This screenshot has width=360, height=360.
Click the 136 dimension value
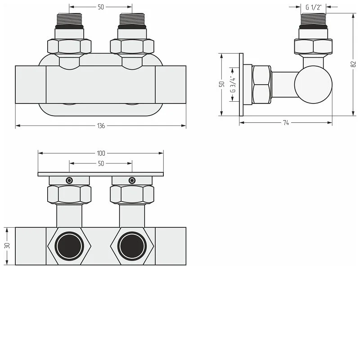coord(101,126)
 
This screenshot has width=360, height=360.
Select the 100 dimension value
coord(101,153)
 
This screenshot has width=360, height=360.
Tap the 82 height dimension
coord(353,64)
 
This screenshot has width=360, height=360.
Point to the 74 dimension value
coord(286,123)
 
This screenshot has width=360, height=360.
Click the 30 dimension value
coord(7,246)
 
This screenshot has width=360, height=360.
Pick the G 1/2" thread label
coord(313,7)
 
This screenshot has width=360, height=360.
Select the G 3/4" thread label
coord(233,85)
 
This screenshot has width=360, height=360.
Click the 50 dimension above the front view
coord(101,7)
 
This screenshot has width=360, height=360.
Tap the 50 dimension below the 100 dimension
coord(101,163)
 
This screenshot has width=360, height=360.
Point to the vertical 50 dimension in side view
coord(222,84)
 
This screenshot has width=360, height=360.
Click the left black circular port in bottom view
coord(69,246)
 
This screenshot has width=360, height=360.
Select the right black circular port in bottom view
coord(132,246)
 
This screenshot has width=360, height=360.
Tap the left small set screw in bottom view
coord(69,180)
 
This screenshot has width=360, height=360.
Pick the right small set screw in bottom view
coord(132,180)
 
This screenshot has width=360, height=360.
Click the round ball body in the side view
coord(313,85)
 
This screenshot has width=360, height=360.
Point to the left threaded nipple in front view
coord(69,19)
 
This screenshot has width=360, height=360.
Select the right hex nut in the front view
coord(132,46)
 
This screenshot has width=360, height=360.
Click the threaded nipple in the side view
coord(313,19)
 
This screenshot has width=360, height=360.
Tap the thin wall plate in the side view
coord(241,85)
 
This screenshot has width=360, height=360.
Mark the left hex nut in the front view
coord(69,46)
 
